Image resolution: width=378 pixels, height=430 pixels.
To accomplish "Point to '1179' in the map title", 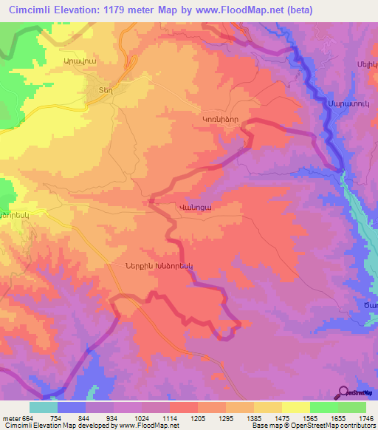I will tap(123, 10).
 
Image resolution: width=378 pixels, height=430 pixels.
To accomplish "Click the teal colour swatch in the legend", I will tap(44, 407).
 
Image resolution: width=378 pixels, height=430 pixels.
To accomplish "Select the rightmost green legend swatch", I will tap(351, 407).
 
